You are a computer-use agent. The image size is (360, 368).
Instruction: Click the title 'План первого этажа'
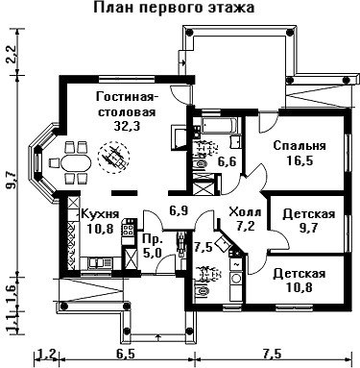174,8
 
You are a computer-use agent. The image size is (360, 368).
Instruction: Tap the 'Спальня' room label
300,146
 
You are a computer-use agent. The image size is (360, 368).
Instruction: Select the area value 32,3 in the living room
128,126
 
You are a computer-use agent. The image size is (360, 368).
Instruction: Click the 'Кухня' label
100,213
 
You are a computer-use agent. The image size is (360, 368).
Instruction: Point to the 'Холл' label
246,212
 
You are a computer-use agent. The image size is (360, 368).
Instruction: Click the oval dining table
76,163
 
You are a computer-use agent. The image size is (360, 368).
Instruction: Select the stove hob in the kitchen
129,228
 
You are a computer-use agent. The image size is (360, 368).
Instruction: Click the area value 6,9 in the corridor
179,210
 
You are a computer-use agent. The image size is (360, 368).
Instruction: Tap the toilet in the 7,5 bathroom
203,291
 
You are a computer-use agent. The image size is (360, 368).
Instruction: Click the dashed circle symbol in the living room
113,157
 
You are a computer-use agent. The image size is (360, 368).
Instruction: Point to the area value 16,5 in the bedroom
300,160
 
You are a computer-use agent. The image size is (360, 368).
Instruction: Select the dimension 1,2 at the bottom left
47,355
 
